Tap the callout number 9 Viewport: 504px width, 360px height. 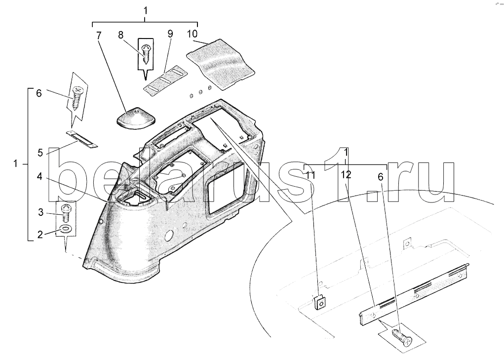[x=170, y=34]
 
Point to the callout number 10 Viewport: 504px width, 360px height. [x=192, y=34]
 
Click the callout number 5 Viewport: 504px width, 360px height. [x=39, y=153]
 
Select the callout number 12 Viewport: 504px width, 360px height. [x=346, y=174]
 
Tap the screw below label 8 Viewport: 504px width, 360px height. [x=146, y=54]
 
